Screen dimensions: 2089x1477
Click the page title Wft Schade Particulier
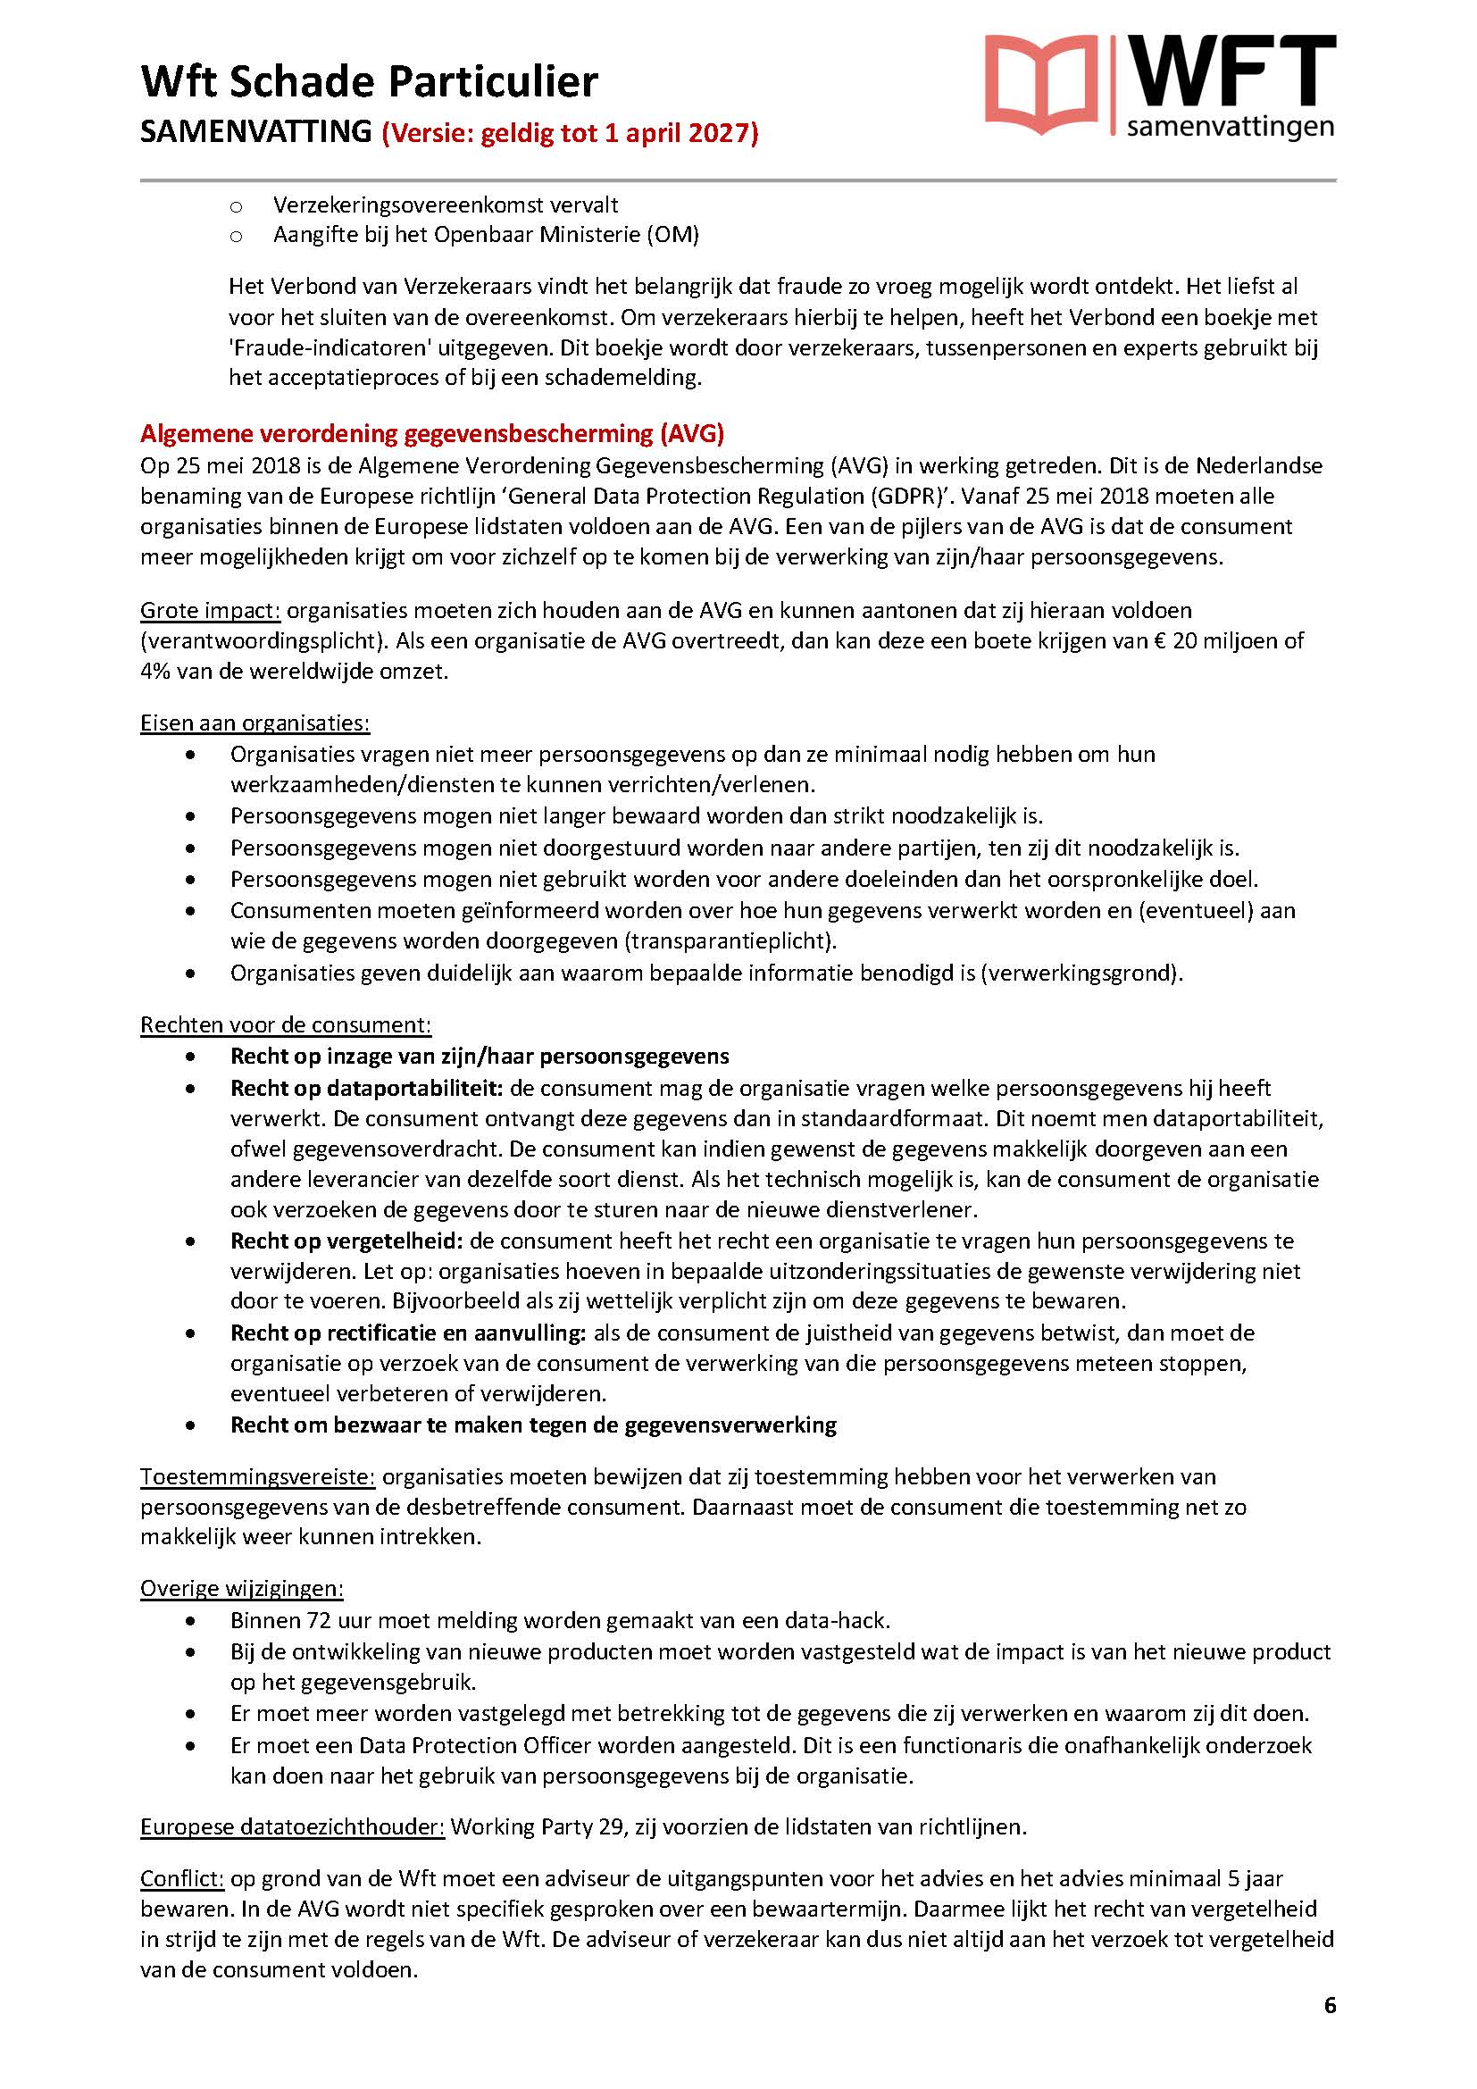tap(370, 82)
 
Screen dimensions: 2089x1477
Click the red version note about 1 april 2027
tap(571, 134)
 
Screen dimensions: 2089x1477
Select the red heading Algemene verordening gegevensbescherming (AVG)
tap(432, 433)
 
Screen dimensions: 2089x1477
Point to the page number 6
tap(1330, 2031)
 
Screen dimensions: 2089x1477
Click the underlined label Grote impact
tap(210, 611)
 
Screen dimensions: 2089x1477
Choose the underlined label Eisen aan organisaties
tap(255, 723)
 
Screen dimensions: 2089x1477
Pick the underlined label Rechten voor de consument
tap(286, 1024)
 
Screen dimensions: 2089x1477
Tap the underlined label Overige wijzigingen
tap(242, 1589)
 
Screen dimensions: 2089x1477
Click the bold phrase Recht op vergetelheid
tap(346, 1241)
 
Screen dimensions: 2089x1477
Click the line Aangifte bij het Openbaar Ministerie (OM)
tap(486, 235)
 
